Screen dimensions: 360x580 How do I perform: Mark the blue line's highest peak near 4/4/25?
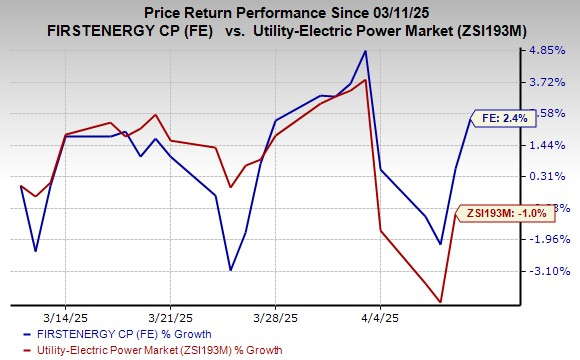point(366,51)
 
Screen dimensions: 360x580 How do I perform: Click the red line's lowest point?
point(440,301)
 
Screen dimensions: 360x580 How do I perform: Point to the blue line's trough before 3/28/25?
point(231,270)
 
